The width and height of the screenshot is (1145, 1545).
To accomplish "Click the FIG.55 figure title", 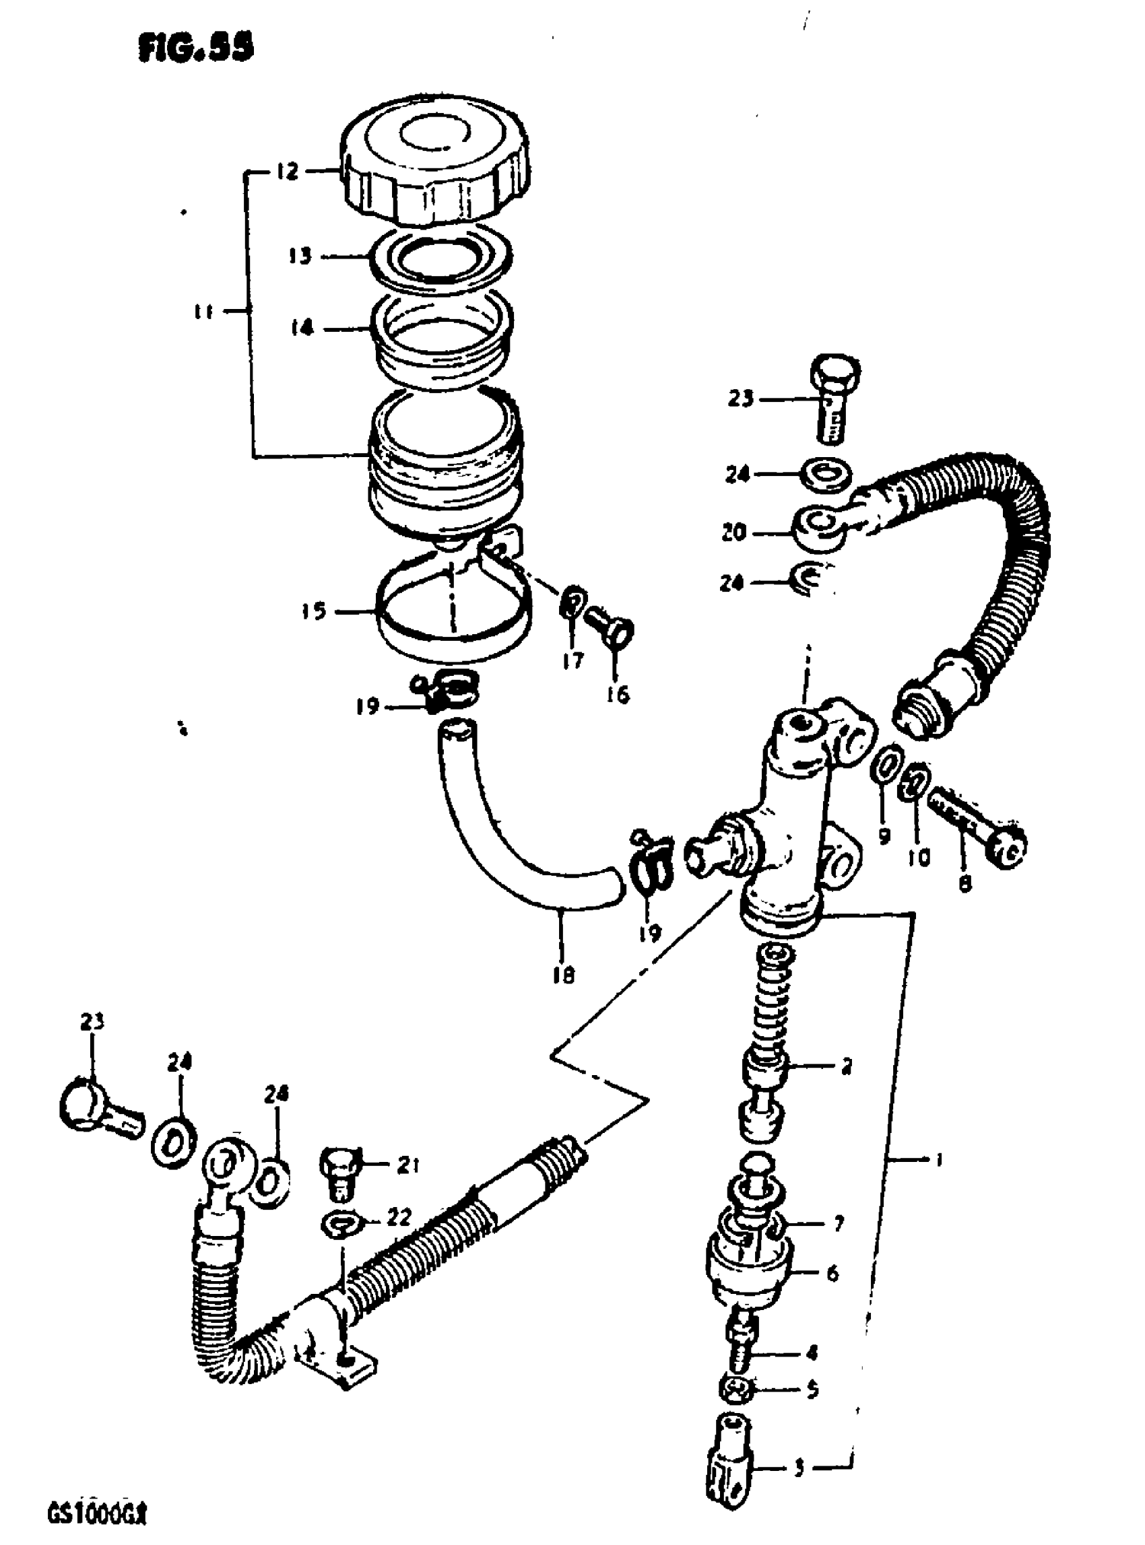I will tap(196, 48).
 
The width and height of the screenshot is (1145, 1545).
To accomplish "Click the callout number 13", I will tap(300, 256).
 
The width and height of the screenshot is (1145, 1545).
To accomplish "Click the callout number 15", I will tap(313, 611).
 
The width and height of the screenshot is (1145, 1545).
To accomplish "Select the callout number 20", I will tap(733, 533).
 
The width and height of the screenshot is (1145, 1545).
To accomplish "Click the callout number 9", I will tap(884, 836).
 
